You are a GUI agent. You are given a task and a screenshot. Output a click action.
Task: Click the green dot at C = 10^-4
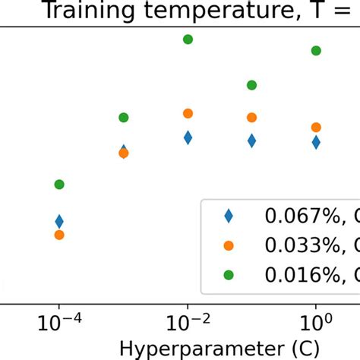point(59,185)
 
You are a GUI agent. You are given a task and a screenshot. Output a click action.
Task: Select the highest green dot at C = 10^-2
point(188,39)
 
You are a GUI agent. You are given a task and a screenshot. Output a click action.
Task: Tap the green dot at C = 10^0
point(316,51)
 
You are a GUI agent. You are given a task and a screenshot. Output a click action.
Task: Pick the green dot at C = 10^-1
point(251,85)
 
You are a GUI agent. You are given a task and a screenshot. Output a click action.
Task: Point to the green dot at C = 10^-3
point(124,118)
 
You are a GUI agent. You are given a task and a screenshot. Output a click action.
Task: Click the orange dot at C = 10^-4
point(59,235)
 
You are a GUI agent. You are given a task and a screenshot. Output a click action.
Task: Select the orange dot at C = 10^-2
point(188,114)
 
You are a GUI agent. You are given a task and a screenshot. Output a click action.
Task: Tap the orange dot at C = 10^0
point(316,128)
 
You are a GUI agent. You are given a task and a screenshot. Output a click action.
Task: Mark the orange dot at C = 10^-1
point(251,118)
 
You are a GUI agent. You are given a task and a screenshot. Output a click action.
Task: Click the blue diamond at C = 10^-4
point(59,222)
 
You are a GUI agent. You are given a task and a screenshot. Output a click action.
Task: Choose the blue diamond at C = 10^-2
point(188,137)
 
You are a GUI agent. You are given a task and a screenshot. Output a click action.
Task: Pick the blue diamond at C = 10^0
point(316,142)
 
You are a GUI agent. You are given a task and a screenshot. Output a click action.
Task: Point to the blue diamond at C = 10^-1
point(251,141)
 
